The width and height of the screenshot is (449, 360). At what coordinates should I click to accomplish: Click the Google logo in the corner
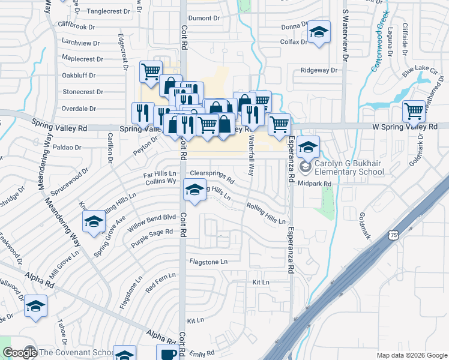pyautogui.click(x=19, y=353)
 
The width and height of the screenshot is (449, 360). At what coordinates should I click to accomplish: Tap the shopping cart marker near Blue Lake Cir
pyautogui.click(x=414, y=111)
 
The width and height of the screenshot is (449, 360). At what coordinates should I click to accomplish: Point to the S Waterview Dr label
pyautogui.click(x=345, y=36)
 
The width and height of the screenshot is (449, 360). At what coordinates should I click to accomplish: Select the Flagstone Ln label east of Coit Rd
pyautogui.click(x=208, y=262)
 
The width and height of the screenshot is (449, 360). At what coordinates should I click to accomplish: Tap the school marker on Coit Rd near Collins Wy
pyautogui.click(x=194, y=191)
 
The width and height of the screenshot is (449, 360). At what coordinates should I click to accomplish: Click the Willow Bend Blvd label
pyautogui.click(x=159, y=218)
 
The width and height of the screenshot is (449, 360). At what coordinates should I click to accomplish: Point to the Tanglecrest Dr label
pyautogui.click(x=109, y=11)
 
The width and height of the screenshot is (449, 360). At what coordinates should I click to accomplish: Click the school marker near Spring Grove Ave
pyautogui.click(x=94, y=223)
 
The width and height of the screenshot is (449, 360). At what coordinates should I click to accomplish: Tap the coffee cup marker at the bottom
pyautogui.click(x=168, y=353)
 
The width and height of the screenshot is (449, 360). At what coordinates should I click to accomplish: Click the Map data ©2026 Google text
pyautogui.click(x=411, y=355)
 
